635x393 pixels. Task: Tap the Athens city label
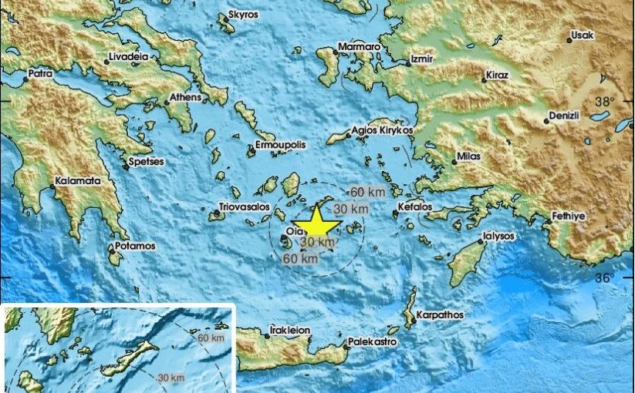point(186,97)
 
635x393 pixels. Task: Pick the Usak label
point(583,35)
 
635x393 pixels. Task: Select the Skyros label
point(243,15)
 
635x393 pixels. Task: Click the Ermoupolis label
point(282,145)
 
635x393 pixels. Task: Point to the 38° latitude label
point(604,101)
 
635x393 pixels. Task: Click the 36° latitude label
point(604,277)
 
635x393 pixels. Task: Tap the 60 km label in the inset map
point(209,338)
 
